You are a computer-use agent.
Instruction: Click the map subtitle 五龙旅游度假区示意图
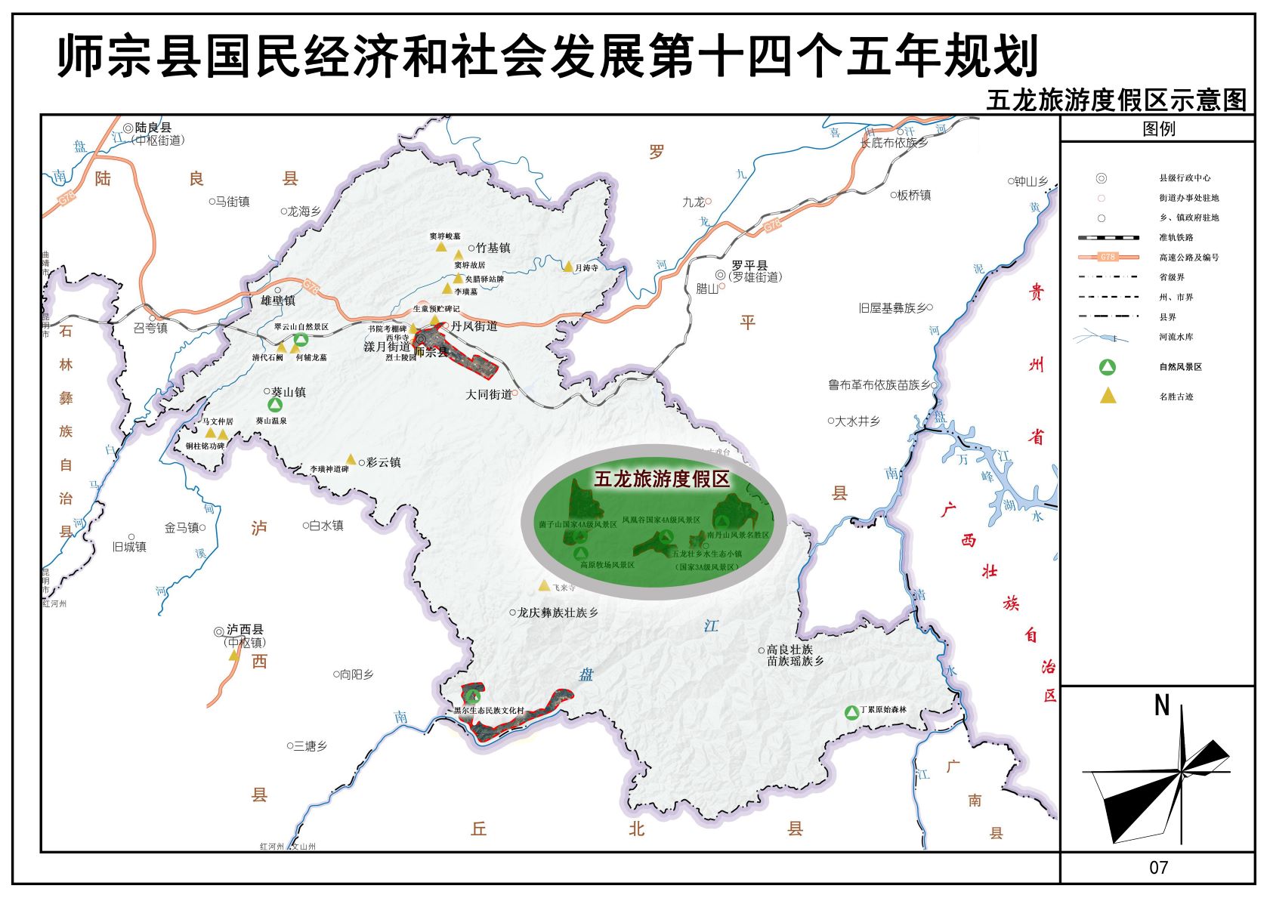point(1116,100)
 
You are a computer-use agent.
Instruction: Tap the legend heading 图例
point(1158,128)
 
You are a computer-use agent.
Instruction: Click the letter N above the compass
point(1162,705)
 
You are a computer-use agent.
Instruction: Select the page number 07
point(1158,868)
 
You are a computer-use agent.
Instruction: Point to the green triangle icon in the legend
point(1107,368)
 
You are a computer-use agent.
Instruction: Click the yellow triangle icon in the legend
point(1108,395)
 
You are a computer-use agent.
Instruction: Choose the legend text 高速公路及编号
point(1188,258)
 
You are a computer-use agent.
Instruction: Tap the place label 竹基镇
point(493,248)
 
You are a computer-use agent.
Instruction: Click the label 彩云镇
point(383,462)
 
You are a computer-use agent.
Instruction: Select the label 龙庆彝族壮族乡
point(558,613)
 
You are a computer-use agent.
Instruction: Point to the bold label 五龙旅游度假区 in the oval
point(662,479)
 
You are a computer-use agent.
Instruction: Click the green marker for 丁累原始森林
point(851,711)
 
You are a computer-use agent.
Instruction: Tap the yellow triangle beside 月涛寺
point(568,267)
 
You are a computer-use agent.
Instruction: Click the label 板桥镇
point(913,195)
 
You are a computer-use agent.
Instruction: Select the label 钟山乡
point(1031,181)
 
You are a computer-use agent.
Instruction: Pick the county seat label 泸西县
point(245,630)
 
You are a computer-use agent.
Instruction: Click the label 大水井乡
point(857,421)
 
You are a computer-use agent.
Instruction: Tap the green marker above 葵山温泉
point(275,405)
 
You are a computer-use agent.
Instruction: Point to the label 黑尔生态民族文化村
point(489,711)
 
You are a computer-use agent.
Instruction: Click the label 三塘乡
point(310,745)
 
